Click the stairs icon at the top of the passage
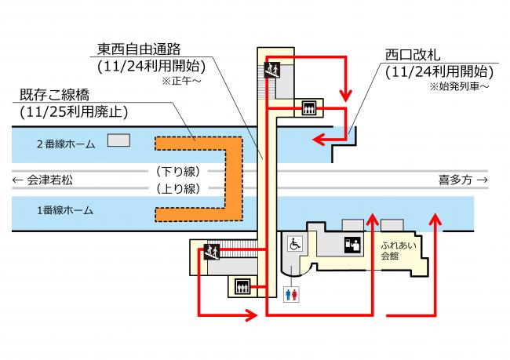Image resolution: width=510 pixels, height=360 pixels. [271, 71]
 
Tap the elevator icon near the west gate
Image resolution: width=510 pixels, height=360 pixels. [308, 108]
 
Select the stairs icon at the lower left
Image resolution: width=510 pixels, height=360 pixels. [211, 252]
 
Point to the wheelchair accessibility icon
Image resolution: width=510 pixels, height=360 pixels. [297, 243]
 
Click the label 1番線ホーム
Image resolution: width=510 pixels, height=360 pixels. [65, 210]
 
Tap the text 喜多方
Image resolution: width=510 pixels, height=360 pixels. [457, 180]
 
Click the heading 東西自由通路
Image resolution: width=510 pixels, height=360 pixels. [141, 49]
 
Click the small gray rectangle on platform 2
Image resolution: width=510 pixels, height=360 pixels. [118, 140]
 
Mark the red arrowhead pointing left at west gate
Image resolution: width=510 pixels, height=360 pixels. [317, 140]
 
